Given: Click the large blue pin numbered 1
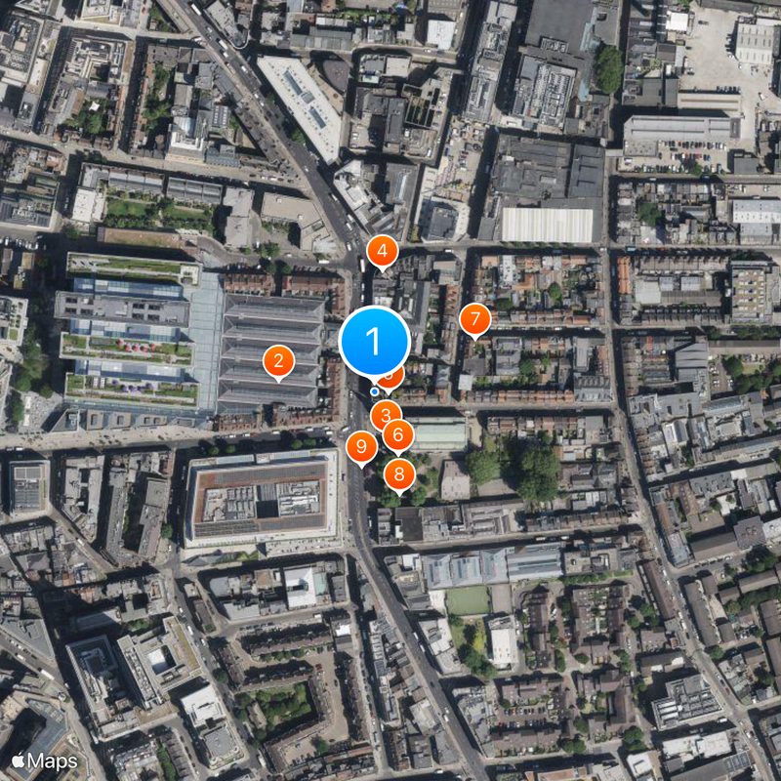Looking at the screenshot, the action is [x=374, y=342].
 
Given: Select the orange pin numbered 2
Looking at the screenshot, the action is [x=278, y=362].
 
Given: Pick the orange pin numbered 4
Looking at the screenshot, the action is [x=382, y=252].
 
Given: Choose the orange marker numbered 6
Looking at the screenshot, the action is [x=397, y=434].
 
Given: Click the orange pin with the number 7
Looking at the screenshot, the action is [x=474, y=319].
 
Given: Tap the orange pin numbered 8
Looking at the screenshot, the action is [x=398, y=475].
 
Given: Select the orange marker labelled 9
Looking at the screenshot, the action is [x=361, y=448].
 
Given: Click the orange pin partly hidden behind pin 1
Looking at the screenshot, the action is [x=393, y=374].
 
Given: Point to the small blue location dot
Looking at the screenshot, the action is [x=375, y=391].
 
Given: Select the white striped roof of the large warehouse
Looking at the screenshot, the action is [x=547, y=225].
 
